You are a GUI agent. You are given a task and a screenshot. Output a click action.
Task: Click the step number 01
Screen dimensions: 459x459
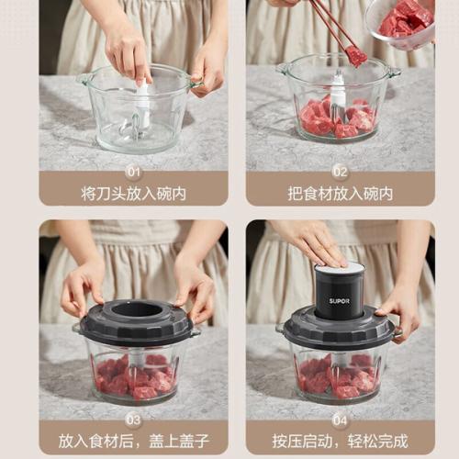(134, 173)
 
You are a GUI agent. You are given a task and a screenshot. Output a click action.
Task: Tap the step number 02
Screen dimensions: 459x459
(341, 173)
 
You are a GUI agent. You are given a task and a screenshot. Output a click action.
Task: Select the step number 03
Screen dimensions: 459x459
(133, 420)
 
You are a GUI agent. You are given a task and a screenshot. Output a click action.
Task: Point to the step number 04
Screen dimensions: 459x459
(340, 420)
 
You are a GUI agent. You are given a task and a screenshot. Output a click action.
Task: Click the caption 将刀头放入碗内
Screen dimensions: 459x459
(134, 194)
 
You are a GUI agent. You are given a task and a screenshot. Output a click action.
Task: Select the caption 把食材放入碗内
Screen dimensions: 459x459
(341, 194)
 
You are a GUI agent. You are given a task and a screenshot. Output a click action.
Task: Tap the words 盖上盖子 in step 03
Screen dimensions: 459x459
(179, 441)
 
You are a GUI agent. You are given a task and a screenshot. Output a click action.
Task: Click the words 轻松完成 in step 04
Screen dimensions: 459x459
(377, 441)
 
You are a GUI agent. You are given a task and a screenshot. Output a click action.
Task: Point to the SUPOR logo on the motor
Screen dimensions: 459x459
(340, 301)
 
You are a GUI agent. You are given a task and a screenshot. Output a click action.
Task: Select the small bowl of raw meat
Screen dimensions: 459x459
(401, 23)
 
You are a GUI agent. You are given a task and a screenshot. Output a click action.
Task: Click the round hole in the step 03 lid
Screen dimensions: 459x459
(137, 310)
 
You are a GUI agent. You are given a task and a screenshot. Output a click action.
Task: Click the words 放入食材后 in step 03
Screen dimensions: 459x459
(95, 441)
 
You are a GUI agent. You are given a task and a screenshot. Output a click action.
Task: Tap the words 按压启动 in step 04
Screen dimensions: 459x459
(302, 441)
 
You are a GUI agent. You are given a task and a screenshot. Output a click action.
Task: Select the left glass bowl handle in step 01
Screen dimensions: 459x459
(82, 79)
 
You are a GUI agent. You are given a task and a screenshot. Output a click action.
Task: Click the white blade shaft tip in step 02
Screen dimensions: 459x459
(339, 74)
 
